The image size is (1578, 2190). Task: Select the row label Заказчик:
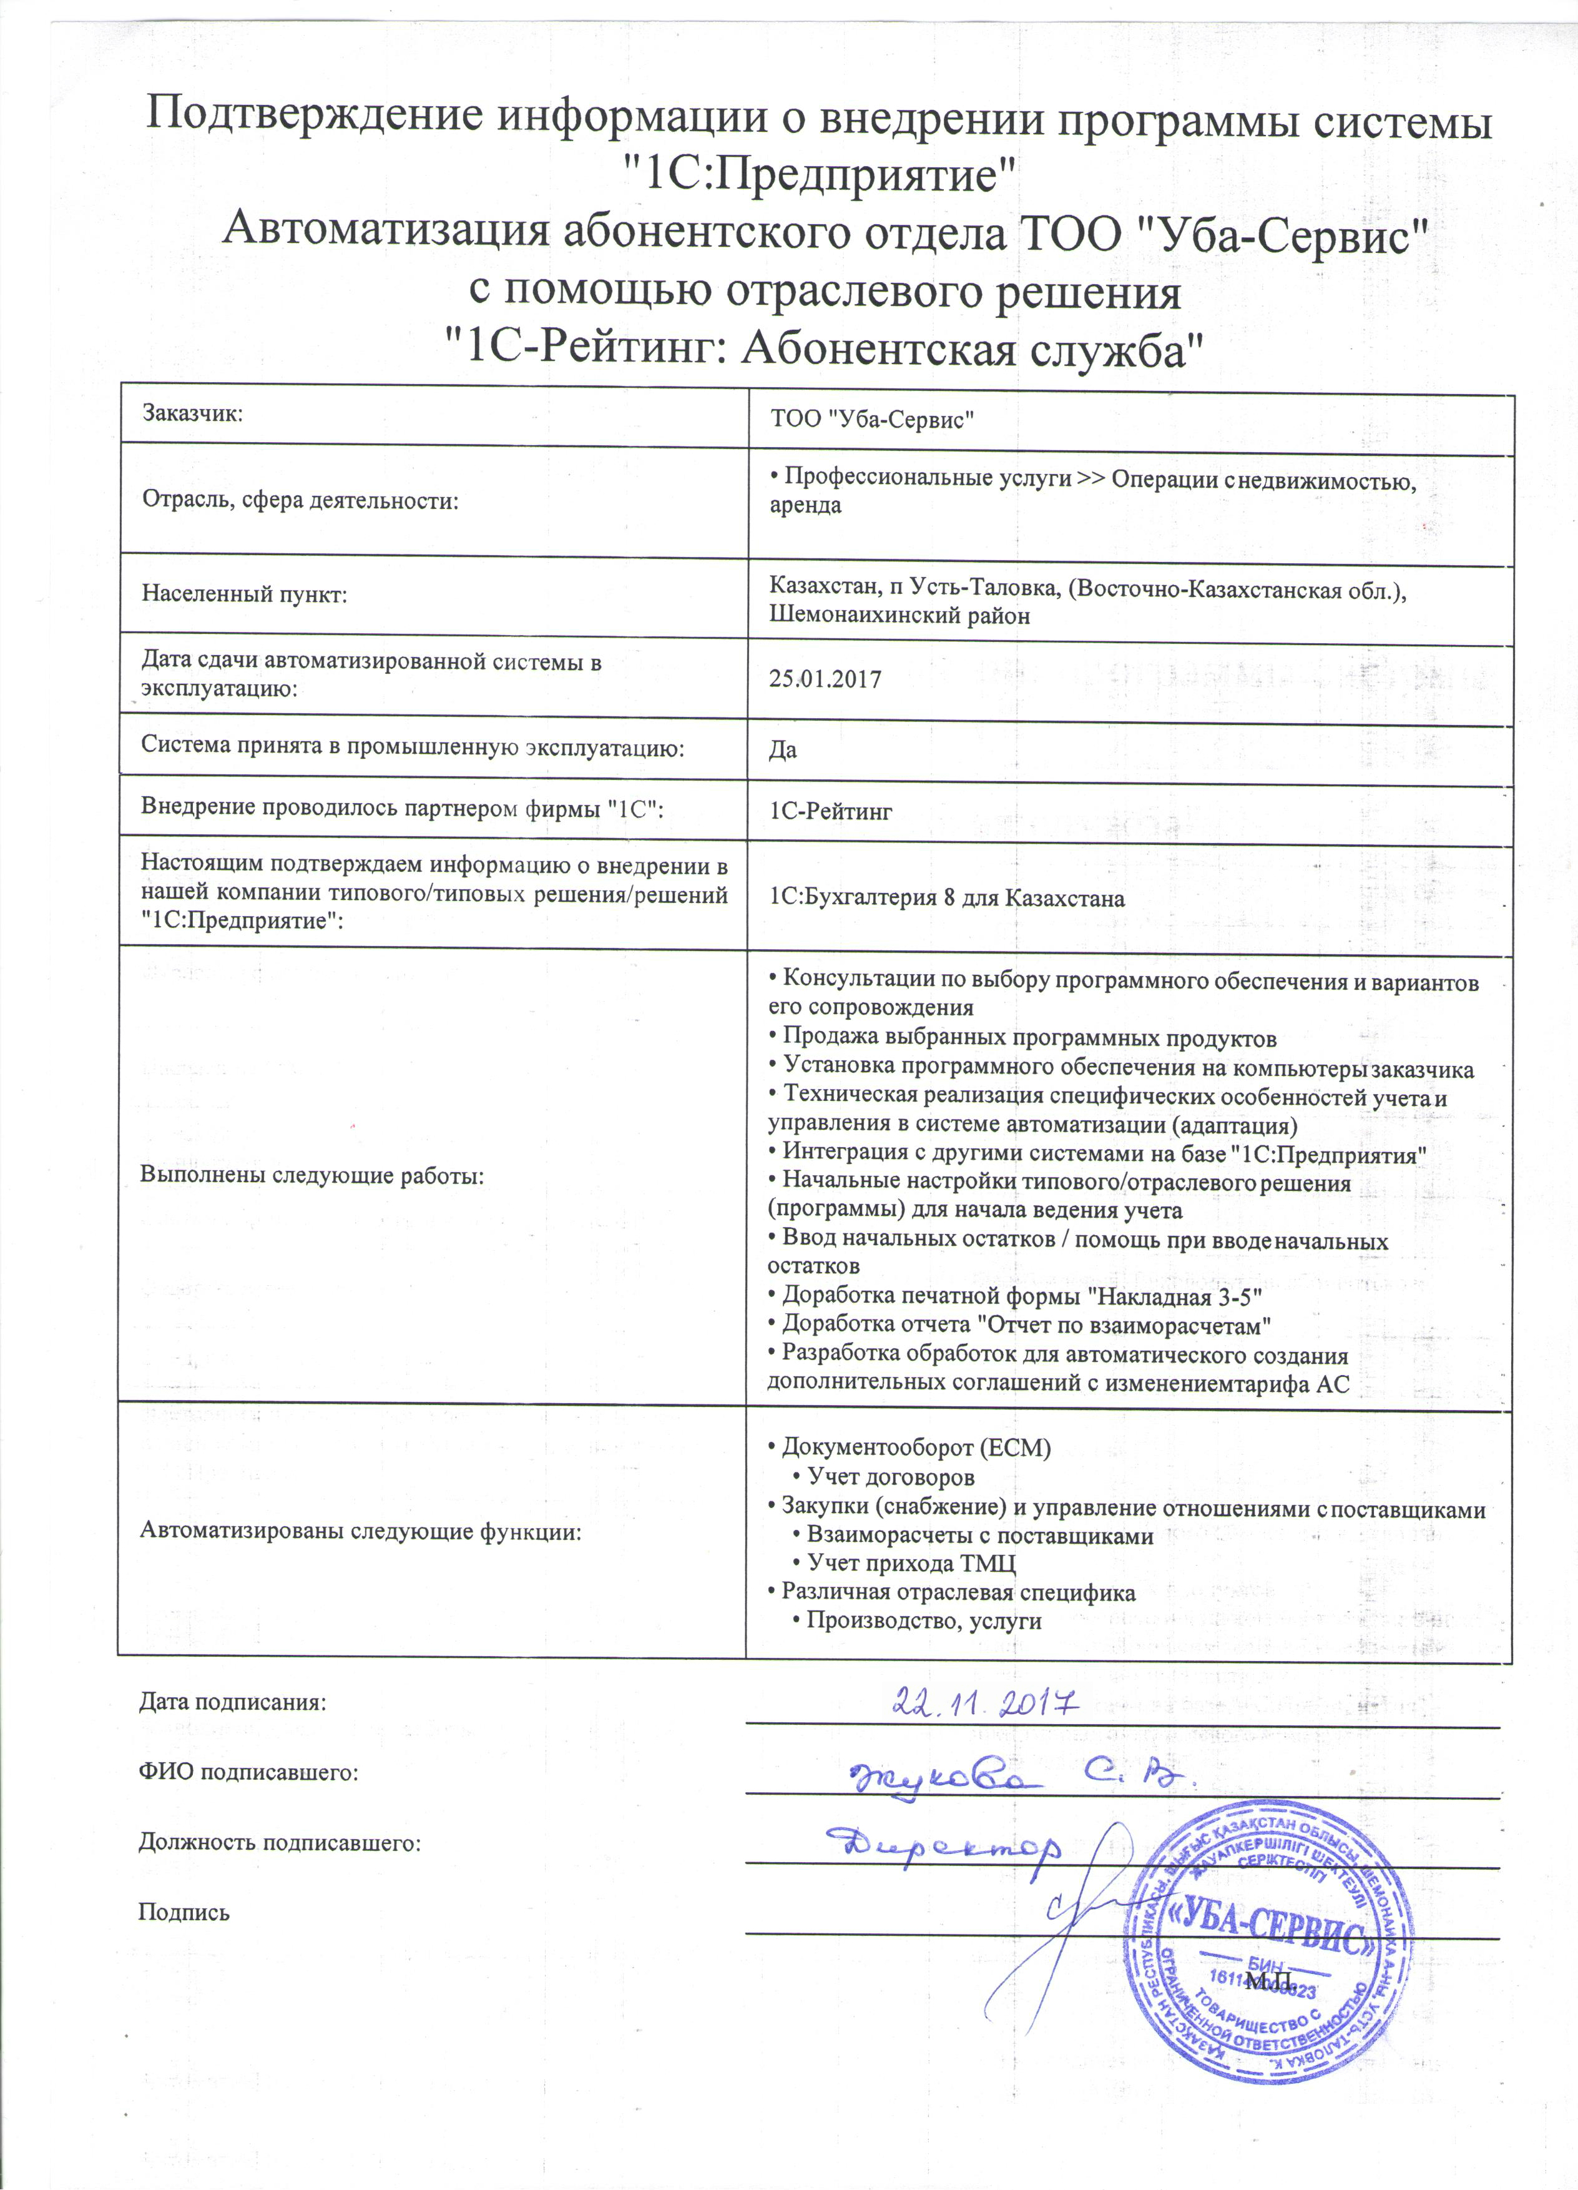pos(192,413)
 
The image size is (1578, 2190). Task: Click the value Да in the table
pos(783,750)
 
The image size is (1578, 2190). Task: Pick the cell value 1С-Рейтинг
pos(830,812)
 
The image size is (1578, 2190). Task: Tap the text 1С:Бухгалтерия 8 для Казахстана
pos(947,898)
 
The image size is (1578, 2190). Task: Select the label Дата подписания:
pos(233,1702)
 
